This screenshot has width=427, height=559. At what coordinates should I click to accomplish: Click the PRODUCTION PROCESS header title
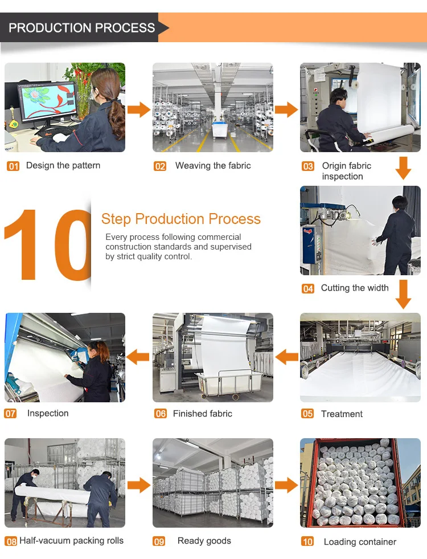click(x=81, y=28)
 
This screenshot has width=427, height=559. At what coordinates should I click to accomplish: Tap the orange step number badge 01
click(x=13, y=166)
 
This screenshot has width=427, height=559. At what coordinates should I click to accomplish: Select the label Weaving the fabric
click(x=213, y=165)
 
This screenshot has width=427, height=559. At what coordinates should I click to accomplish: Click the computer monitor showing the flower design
click(x=48, y=101)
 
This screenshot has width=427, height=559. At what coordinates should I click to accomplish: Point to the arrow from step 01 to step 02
click(x=139, y=109)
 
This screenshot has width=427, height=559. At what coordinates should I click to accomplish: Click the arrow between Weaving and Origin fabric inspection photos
click(x=286, y=109)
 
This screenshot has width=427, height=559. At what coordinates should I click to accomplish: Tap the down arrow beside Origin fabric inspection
click(x=403, y=168)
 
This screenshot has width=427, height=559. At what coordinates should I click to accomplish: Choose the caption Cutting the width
click(x=355, y=288)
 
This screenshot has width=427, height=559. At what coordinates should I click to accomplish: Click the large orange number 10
click(x=48, y=244)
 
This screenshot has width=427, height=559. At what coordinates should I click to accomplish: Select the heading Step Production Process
click(x=181, y=219)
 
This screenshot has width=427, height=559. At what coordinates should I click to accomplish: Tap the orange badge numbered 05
click(x=307, y=414)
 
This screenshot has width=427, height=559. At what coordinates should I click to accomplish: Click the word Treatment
click(x=342, y=414)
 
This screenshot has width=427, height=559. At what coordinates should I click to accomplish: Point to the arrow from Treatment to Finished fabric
click(x=287, y=357)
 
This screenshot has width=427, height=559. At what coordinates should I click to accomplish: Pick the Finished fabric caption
click(x=203, y=414)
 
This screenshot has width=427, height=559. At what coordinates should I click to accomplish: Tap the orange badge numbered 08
click(x=11, y=541)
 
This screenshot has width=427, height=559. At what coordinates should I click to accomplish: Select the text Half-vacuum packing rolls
click(x=72, y=540)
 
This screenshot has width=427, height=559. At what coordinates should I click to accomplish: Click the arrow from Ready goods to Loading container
click(x=286, y=485)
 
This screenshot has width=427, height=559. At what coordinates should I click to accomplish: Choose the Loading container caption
click(x=360, y=542)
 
